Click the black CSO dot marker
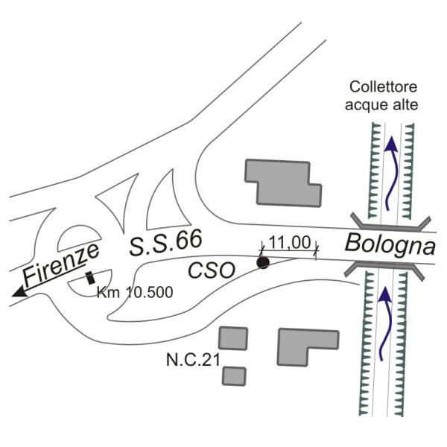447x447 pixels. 262,262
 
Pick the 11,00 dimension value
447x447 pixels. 288,243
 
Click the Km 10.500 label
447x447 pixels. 135,293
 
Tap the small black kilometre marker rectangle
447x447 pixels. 91,278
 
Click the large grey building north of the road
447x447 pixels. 282,182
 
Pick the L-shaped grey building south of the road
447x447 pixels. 305,346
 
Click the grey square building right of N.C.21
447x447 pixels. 234,337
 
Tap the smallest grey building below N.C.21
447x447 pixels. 234,375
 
